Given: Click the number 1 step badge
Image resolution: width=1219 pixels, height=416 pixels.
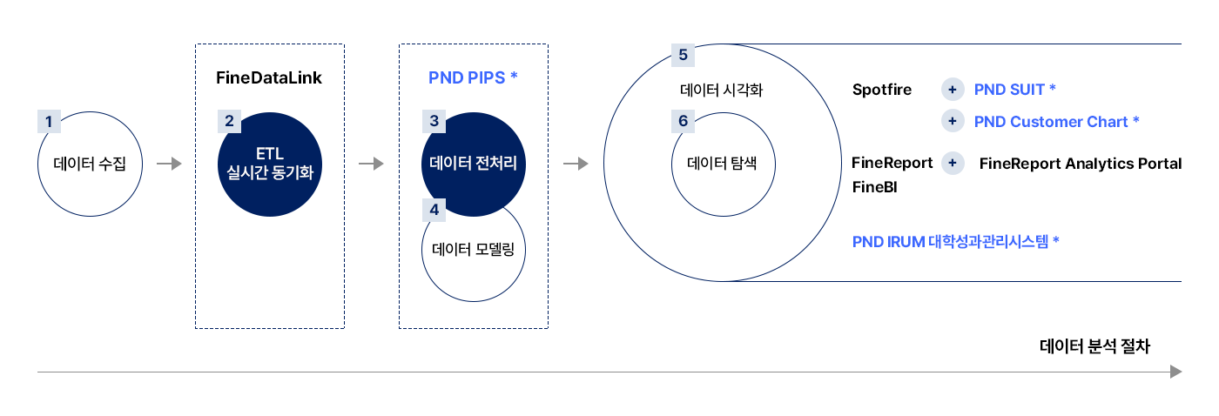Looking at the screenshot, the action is click(49, 121).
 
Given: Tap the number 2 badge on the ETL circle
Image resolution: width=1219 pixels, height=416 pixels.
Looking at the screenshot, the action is click(229, 121).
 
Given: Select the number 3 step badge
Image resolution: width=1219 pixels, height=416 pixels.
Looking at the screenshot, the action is click(434, 121).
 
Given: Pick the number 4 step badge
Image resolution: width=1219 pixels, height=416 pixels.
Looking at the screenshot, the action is click(434, 210).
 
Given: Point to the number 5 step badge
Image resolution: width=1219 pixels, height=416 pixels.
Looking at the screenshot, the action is click(683, 55).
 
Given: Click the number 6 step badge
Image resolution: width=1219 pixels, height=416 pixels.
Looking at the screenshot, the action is click(683, 121).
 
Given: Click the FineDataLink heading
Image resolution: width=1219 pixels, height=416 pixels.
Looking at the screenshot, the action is click(269, 77).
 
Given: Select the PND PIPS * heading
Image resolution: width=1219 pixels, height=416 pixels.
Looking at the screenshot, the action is click(473, 77).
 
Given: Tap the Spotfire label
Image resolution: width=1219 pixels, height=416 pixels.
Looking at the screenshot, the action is click(881, 89).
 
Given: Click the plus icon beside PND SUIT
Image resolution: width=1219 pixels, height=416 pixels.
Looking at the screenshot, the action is click(953, 89).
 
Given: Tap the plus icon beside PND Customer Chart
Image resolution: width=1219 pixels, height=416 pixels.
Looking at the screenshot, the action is click(953, 121).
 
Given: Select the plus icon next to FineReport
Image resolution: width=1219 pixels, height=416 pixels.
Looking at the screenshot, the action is click(953, 163).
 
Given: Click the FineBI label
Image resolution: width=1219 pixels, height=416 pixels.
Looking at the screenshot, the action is click(874, 187).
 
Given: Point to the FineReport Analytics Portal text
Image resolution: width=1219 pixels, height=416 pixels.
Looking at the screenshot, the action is click(1081, 163).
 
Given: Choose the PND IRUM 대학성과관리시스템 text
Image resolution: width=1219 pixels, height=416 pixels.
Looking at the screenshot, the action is click(956, 241).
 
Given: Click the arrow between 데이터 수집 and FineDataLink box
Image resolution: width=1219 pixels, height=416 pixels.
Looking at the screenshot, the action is click(169, 163).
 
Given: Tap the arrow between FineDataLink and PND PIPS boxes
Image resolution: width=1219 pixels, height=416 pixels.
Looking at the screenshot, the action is click(371, 163).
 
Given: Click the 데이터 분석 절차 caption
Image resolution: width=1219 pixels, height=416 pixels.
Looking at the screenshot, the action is click(1095, 346).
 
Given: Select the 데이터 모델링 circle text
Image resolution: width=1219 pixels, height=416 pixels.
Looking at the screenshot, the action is click(473, 250).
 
